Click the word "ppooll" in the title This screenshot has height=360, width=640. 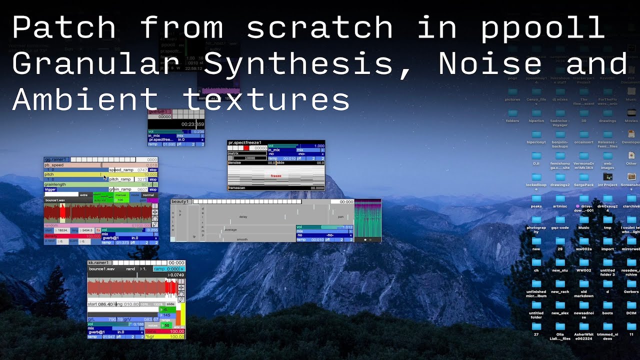coord(543,27)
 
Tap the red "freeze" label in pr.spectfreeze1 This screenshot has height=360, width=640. coord(276,176)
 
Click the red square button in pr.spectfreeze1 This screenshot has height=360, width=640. coord(246,148)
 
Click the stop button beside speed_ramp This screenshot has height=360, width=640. coord(153,170)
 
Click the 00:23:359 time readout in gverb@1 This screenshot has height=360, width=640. coord(192,124)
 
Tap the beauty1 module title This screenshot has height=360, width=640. coord(180,201)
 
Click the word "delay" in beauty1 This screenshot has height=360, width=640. coord(243,217)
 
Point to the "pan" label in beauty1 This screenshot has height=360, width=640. coord(340,216)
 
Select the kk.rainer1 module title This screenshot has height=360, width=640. coord(99,262)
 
